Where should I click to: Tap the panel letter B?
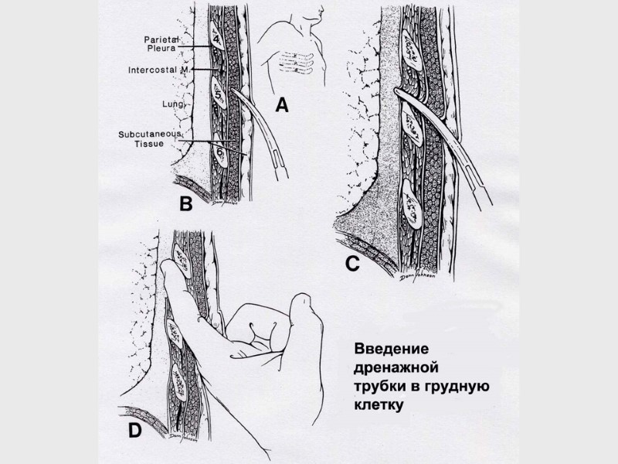185,204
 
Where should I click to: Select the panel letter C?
351,264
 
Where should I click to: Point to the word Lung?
171,102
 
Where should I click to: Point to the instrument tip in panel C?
399,94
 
